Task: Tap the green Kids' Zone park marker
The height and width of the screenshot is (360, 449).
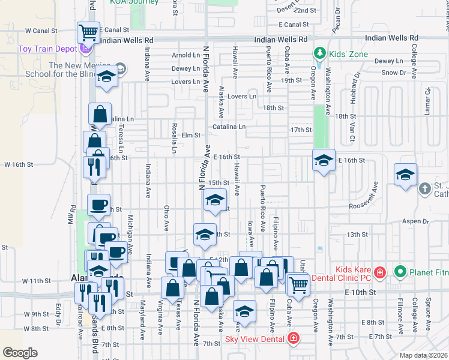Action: coord(320,53)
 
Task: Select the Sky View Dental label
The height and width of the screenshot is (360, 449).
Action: coord(255,338)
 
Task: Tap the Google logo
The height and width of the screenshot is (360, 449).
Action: coord(20,353)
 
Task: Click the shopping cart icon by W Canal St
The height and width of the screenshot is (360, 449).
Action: coord(88,31)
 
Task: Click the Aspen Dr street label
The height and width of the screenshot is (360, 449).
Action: coord(417,221)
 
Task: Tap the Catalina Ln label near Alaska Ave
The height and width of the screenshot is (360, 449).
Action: coord(229,127)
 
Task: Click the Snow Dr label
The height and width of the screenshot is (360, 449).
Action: coord(394,73)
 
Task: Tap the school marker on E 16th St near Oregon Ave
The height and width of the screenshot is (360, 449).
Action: coord(324,160)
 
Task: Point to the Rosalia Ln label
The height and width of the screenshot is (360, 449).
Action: coord(174,138)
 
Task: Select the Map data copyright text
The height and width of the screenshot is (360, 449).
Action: coord(423,355)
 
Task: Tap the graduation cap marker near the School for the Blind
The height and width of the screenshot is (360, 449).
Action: coord(107,76)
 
